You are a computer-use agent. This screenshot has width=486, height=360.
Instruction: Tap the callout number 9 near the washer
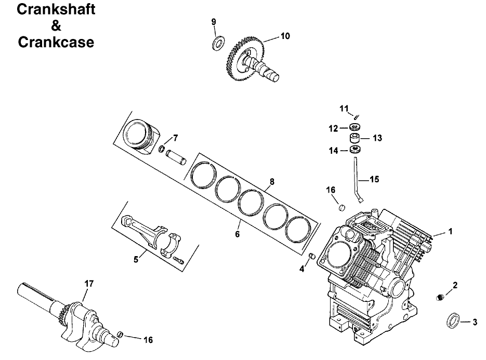point(213,21)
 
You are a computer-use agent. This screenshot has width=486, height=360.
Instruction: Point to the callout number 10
point(285,36)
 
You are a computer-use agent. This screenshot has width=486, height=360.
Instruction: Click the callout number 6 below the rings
point(237,234)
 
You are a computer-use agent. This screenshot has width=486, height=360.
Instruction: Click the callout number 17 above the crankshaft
point(89,284)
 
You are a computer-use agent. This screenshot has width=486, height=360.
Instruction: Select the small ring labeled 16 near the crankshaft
point(120,334)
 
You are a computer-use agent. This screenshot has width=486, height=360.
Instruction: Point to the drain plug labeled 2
point(440,297)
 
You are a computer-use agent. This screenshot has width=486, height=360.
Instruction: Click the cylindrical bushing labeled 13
point(356,139)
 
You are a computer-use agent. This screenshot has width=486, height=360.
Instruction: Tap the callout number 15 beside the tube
point(374,179)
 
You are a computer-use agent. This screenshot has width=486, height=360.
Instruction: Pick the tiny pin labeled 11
point(357,117)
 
